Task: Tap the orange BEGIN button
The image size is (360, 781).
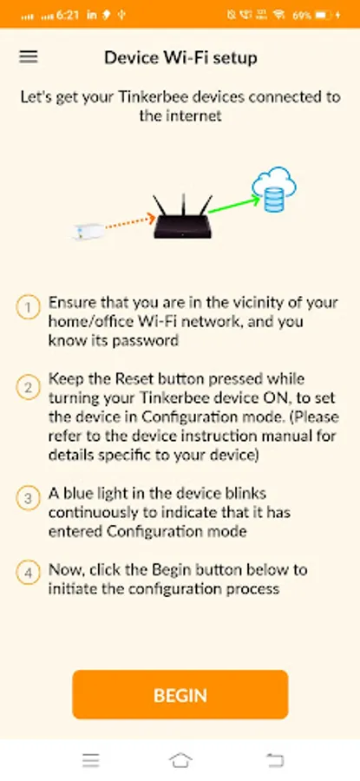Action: pyautogui.click(x=180, y=694)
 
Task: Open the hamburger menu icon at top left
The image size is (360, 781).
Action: pyautogui.click(x=29, y=56)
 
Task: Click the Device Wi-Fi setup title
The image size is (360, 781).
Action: pyautogui.click(x=180, y=58)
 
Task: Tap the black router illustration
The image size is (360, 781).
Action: pyautogui.click(x=183, y=217)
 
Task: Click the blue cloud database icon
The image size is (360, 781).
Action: pyautogui.click(x=274, y=189)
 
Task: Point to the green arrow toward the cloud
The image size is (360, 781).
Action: pyautogui.click(x=234, y=205)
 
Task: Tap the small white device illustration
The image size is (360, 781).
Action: pyautogui.click(x=88, y=231)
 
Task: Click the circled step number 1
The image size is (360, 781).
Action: pyautogui.click(x=29, y=307)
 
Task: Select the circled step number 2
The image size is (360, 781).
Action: pyautogui.click(x=29, y=387)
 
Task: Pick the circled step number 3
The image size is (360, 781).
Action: pyautogui.click(x=29, y=498)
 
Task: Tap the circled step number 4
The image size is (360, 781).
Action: pyautogui.click(x=29, y=573)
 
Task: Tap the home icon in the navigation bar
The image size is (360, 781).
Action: pyautogui.click(x=180, y=760)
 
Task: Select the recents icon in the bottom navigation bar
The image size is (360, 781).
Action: pyautogui.click(x=90, y=760)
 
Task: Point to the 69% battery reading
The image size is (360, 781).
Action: pyautogui.click(x=302, y=16)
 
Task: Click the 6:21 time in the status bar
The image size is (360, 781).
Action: pyautogui.click(x=68, y=15)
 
